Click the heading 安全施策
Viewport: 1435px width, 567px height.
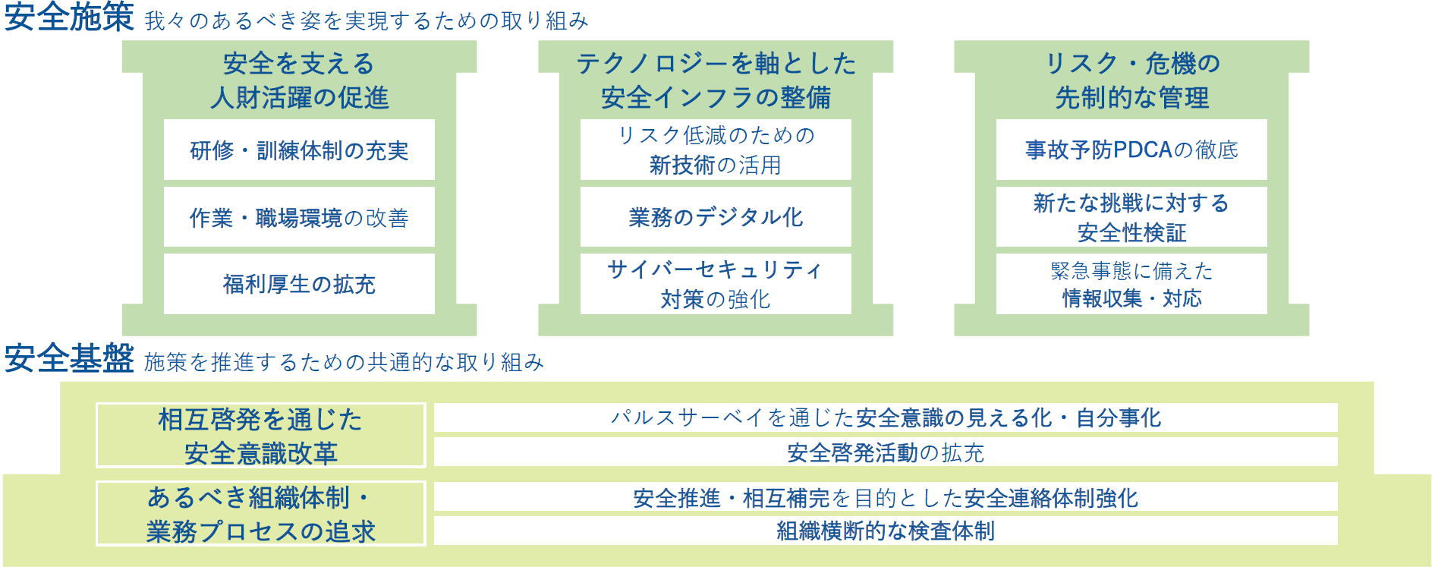[69, 17]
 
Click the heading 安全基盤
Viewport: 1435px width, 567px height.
[69, 358]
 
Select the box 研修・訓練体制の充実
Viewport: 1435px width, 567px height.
[299, 150]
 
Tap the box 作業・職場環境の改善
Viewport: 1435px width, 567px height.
[299, 218]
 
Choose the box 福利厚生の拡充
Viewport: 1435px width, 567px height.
[299, 284]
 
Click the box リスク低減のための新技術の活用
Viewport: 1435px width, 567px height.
[716, 150]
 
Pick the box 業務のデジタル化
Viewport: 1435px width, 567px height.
[716, 218]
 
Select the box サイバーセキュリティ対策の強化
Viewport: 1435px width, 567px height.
[716, 284]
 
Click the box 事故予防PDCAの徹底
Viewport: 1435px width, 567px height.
[1131, 150]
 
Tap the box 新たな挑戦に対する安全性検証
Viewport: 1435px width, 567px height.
[1131, 218]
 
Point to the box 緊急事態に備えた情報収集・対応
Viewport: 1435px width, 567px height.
[1131, 284]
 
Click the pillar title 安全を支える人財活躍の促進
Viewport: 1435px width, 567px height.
[299, 80]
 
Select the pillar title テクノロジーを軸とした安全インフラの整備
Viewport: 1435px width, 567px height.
[716, 80]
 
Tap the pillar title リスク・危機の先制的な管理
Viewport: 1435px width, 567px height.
[1131, 80]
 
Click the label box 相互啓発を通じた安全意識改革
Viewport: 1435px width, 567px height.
[260, 436]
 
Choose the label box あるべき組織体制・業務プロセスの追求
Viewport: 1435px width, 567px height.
[260, 514]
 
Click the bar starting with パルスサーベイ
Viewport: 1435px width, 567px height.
[885, 417]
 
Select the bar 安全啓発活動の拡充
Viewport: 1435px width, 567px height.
[885, 452]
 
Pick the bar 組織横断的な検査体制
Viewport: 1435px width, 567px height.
[885, 531]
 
